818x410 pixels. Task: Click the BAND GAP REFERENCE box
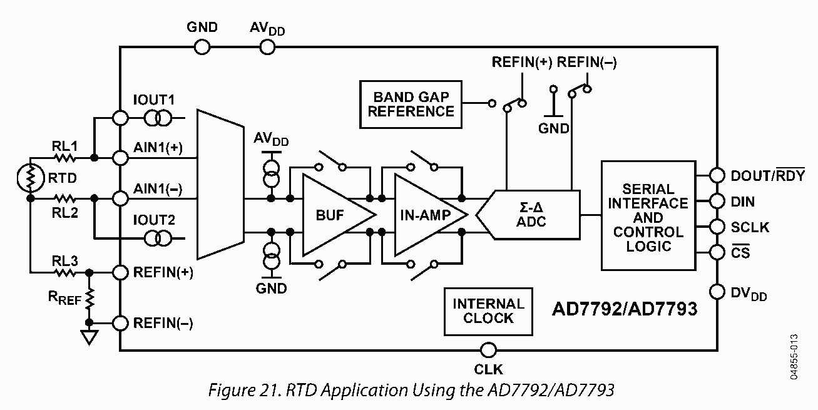point(411,104)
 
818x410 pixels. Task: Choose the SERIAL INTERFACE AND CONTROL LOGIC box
point(648,215)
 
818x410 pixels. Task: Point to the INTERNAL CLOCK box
point(488,311)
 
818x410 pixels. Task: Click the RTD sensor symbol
point(30,178)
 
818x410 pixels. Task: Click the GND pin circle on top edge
point(202,46)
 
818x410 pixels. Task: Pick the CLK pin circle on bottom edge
point(488,350)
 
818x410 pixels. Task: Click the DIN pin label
point(743,202)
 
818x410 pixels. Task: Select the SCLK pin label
point(750,227)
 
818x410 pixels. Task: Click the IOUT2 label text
point(154,220)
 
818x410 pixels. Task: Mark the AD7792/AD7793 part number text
point(624,309)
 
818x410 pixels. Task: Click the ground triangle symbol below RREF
point(89,338)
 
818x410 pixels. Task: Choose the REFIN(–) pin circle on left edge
point(120,323)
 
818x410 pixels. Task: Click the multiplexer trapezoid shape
point(219,184)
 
